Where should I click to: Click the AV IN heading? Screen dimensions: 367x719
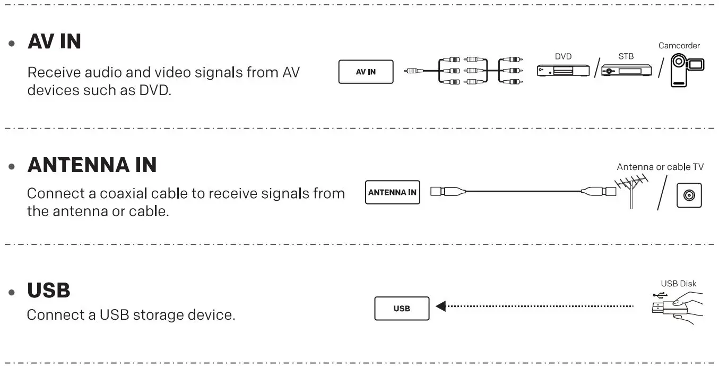tap(54, 41)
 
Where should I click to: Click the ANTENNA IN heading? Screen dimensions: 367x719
tap(92, 165)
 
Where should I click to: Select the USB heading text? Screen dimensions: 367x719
tap(48, 291)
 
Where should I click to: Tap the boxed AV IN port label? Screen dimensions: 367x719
tap(366, 72)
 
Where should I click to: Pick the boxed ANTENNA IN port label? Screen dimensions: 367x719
tap(392, 192)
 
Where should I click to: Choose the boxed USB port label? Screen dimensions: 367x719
tap(402, 309)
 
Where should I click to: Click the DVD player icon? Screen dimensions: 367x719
tap(563, 71)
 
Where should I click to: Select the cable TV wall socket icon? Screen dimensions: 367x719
tap(689, 195)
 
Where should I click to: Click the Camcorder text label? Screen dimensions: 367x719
tap(679, 46)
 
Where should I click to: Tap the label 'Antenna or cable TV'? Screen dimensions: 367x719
tap(660, 167)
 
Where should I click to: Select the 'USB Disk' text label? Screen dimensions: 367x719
tap(678, 284)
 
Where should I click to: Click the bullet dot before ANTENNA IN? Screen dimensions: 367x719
tap(12, 166)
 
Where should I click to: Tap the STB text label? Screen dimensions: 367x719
tap(626, 56)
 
